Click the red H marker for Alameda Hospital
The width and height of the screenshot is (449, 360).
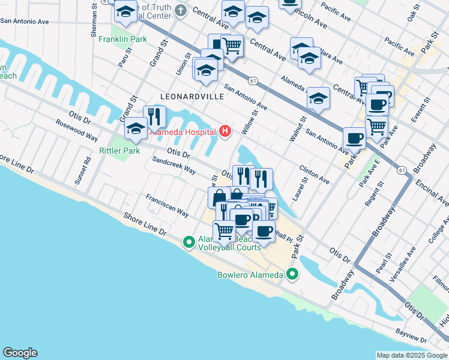pyautogui.click(x=225, y=131)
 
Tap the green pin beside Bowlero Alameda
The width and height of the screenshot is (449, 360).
pyautogui.click(x=292, y=275)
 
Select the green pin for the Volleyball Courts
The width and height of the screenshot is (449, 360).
pyautogui.click(x=188, y=242)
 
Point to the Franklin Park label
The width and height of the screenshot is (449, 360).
pyautogui.click(x=122, y=39)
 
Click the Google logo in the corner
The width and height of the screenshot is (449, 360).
pyautogui.click(x=20, y=353)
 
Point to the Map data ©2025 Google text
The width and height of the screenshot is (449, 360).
pyautogui.click(x=412, y=355)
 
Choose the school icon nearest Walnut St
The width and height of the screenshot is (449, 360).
pyautogui.click(x=318, y=98)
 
